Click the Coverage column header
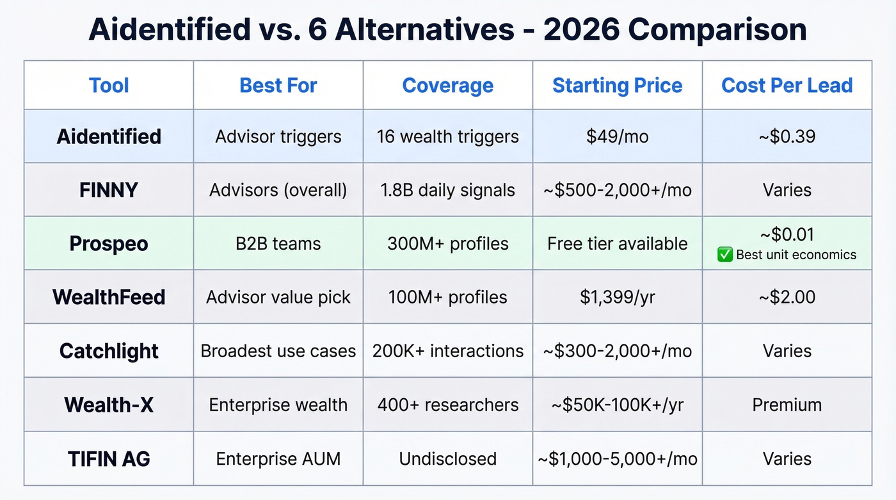click(447, 86)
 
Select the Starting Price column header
click(617, 86)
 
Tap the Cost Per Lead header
click(787, 86)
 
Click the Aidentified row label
click(109, 136)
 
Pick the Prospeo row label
click(109, 244)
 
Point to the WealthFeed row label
click(109, 297)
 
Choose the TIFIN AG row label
click(109, 458)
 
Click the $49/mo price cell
click(617, 136)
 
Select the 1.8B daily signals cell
click(447, 190)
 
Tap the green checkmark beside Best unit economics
click(725, 255)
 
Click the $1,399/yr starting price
click(617, 297)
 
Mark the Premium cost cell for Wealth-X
click(787, 405)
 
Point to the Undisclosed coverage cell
click(447, 458)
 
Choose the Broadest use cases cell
click(278, 351)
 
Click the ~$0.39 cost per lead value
click(787, 136)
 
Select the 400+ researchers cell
click(447, 405)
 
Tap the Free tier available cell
click(617, 244)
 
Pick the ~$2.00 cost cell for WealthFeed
click(787, 297)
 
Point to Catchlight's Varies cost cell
click(787, 351)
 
